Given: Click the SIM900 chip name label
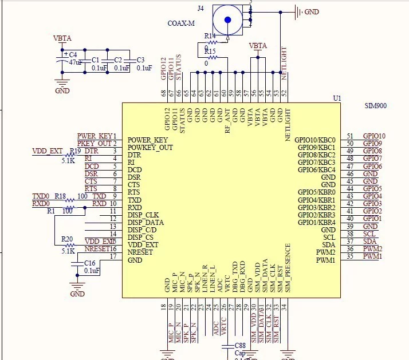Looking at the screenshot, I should [376, 106].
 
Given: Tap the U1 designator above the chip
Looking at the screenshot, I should [337, 98].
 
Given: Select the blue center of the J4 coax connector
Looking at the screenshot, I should [227, 20].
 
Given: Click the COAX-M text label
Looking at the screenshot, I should [182, 23].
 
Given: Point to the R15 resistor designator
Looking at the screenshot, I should [210, 52].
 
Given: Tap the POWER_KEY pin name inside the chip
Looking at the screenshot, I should [148, 140].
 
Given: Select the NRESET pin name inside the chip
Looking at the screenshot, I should [140, 252].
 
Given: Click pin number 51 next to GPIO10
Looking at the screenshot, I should [350, 136].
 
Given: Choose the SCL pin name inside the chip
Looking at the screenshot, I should [329, 237].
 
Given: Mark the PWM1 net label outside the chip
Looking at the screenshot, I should [372, 256].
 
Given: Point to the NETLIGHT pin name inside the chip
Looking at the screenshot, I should [288, 125].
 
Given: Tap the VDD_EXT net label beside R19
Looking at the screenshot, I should [48, 151].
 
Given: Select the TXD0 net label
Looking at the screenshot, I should [41, 196].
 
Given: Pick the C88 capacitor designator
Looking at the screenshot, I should [240, 346].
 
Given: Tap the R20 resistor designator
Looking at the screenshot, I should [68, 239].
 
